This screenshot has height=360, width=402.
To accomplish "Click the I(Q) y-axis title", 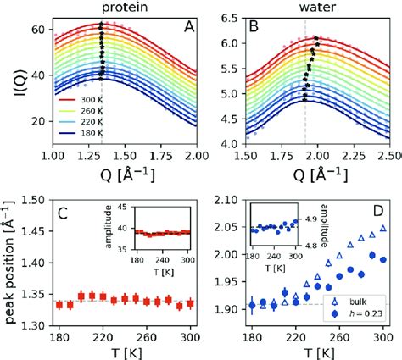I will [10, 81].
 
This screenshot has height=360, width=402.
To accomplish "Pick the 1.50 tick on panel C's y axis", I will [33, 201].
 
